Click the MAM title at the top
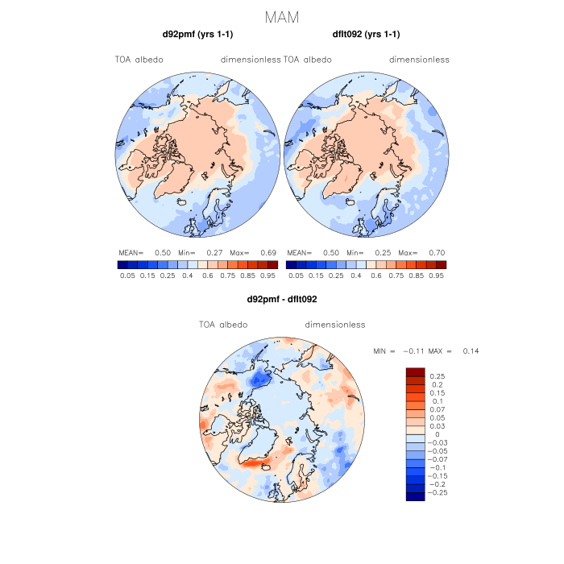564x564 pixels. point(282,16)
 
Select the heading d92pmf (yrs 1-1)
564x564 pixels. point(198,35)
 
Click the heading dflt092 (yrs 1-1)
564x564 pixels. point(366,35)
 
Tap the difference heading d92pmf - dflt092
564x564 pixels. point(282,300)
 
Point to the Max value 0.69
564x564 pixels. point(269,252)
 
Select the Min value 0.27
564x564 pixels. point(214,252)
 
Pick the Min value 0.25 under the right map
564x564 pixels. point(383,252)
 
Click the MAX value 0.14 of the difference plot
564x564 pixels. point(471,351)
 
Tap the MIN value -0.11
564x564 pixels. point(414,351)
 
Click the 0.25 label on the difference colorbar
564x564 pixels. point(438,376)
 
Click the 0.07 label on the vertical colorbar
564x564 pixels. point(438,409)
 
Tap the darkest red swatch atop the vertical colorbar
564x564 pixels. point(415,371)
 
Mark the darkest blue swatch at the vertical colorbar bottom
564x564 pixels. point(415,496)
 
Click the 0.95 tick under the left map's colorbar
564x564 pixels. point(269,275)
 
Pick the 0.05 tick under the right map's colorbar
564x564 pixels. point(295,275)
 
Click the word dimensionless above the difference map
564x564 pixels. point(335,325)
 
